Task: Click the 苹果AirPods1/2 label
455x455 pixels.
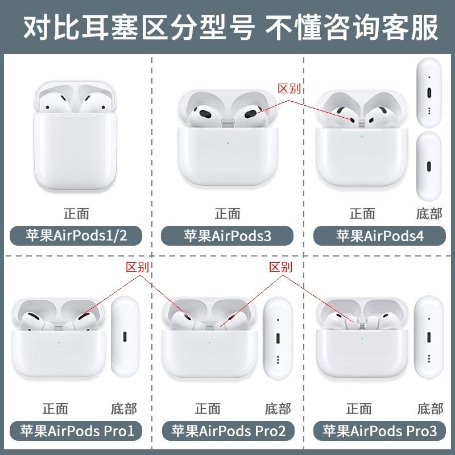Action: pyautogui.click(x=75, y=235)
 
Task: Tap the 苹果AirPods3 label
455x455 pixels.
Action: pyautogui.click(x=227, y=235)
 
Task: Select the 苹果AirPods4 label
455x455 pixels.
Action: pyautogui.click(x=380, y=235)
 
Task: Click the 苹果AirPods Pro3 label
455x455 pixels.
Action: pyautogui.click(x=380, y=431)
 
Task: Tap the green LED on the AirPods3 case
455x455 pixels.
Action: pyautogui.click(x=227, y=143)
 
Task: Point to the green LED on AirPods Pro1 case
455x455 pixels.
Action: pyautogui.click(x=60, y=342)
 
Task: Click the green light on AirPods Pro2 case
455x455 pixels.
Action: pyautogui.click(x=210, y=342)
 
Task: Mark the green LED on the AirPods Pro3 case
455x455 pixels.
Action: pyautogui.click(x=362, y=337)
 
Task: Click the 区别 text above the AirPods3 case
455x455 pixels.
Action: pyautogui.click(x=288, y=89)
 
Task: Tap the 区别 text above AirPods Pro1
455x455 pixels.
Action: pyautogui.click(x=137, y=267)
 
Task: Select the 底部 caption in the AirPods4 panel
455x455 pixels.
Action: pyautogui.click(x=429, y=214)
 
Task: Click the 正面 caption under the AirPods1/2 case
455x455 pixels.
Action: pyautogui.click(x=76, y=214)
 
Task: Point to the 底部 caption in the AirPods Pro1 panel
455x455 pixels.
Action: pyautogui.click(x=123, y=408)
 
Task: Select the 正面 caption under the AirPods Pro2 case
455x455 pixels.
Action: pyautogui.click(x=208, y=408)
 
